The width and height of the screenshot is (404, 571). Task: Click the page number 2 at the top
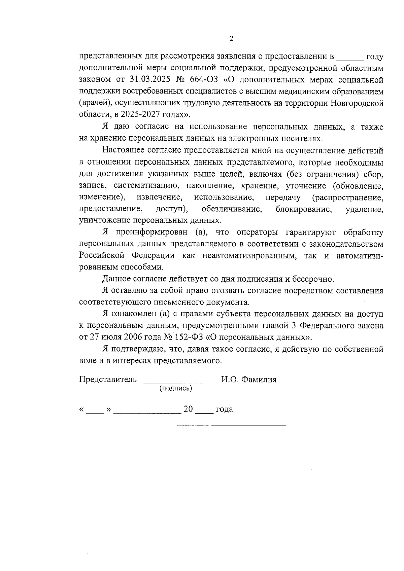(231, 39)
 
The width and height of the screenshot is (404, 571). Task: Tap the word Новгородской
(357, 103)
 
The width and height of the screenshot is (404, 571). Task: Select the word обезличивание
(232, 209)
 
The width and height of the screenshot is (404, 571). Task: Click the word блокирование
(303, 209)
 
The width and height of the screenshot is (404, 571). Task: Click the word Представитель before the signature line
(108, 380)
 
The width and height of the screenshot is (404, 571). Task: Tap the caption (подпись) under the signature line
(175, 388)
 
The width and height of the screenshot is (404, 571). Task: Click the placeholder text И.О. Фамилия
(249, 380)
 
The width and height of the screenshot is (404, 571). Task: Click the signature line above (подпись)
(176, 383)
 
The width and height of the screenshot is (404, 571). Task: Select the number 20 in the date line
(188, 409)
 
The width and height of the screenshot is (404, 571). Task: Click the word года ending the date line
(224, 409)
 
